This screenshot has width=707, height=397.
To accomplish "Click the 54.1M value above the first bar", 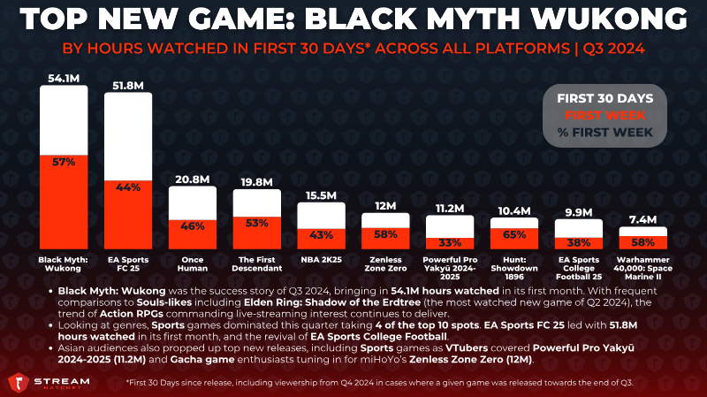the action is pos(64,79).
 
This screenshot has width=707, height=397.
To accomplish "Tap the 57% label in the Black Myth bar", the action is pos(64,162).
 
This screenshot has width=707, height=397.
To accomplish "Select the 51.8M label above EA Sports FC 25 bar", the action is pos(128,86).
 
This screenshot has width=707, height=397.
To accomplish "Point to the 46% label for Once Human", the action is pos(193,226).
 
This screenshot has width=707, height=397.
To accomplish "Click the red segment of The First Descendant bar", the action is pos(257,233).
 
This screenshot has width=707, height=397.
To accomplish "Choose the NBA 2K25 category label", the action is pos(322,260).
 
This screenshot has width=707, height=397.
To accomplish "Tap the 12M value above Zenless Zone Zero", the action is pos(385,206).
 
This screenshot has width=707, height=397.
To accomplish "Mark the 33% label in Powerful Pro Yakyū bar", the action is pos(450,243).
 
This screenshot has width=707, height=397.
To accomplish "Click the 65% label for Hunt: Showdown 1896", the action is pos(514,234).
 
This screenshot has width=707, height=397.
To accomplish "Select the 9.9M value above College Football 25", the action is pos(579,212).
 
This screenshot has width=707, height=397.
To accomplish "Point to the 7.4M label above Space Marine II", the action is pos(643,219).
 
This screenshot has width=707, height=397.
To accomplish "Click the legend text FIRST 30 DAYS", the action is pos(605,98).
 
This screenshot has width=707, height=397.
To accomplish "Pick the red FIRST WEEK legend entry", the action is pos(605,116).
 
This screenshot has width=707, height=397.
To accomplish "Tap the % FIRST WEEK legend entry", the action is pos(605,133).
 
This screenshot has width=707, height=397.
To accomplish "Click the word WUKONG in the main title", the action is pos(609,19).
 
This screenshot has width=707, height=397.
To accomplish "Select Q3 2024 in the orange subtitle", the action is pos(613,49).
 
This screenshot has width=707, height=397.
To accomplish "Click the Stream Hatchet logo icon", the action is pos(18,383).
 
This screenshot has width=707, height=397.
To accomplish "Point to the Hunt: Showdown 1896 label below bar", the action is pos(514,269).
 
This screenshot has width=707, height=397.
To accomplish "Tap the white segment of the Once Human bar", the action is pos(193,203).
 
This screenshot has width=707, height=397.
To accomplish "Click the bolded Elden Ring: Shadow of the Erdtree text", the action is pos(332,302).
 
